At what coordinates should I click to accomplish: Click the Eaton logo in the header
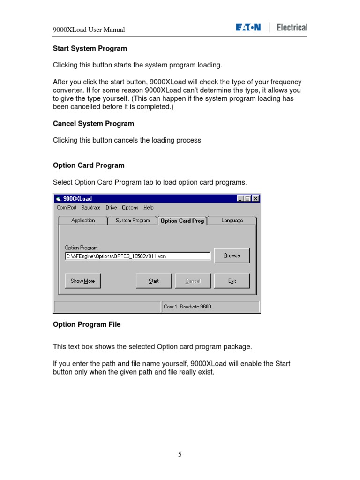click(x=248, y=28)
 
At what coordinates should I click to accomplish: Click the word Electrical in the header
click(x=292, y=28)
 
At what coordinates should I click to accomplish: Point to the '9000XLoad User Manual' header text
click(x=89, y=30)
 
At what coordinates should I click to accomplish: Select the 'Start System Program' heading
click(x=90, y=48)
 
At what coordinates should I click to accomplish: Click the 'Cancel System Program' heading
click(x=93, y=124)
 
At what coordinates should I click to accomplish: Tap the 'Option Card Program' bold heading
click(x=89, y=165)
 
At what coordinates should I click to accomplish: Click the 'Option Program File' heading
click(x=87, y=324)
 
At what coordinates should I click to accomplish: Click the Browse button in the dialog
click(x=232, y=255)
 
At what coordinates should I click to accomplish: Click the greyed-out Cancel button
click(x=193, y=281)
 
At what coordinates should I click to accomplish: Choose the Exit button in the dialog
click(x=232, y=281)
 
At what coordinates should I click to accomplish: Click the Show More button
click(x=82, y=281)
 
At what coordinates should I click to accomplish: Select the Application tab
click(x=83, y=220)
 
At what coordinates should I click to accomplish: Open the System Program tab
click(x=133, y=220)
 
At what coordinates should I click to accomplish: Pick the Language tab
click(x=232, y=220)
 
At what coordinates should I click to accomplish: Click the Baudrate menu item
click(x=91, y=208)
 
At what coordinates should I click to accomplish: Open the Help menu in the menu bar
click(x=148, y=208)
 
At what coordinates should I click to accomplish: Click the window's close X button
click(x=255, y=199)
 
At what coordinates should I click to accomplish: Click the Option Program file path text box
click(x=137, y=256)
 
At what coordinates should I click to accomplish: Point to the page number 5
click(x=180, y=454)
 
